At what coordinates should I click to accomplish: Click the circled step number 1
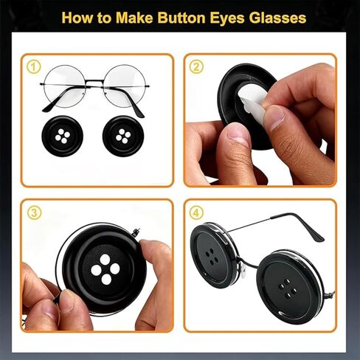[33, 67]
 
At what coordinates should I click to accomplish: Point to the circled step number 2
[196, 66]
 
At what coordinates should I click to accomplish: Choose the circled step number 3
[34, 212]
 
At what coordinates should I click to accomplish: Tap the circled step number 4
[196, 212]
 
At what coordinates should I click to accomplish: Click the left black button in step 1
[62, 136]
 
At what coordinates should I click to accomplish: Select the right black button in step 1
[123, 136]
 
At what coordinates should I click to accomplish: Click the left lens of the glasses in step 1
[65, 86]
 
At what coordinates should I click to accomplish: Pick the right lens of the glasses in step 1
[125, 86]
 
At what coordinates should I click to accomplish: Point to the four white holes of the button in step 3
[105, 269]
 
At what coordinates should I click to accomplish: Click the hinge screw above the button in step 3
[136, 232]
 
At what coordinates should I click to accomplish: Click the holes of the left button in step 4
[212, 257]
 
